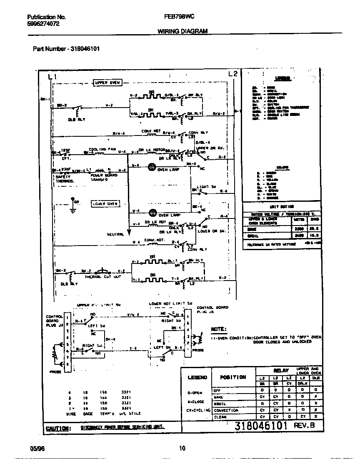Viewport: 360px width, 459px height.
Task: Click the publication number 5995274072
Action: [x=43, y=24]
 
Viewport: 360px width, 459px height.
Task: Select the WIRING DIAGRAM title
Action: [x=182, y=31]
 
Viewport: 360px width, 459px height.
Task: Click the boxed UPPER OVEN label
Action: [x=107, y=83]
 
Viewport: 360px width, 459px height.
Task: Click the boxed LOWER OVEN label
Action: [x=105, y=203]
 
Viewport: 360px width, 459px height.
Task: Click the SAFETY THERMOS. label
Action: [x=65, y=178]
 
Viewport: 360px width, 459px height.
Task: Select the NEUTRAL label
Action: [x=115, y=234]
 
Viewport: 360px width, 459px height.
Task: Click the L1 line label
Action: [x=52, y=76]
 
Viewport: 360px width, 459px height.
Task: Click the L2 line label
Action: [x=233, y=74]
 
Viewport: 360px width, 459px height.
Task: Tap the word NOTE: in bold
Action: [x=219, y=329]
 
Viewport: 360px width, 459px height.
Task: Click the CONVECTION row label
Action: [x=226, y=410]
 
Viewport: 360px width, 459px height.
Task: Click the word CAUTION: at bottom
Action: [x=57, y=428]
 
